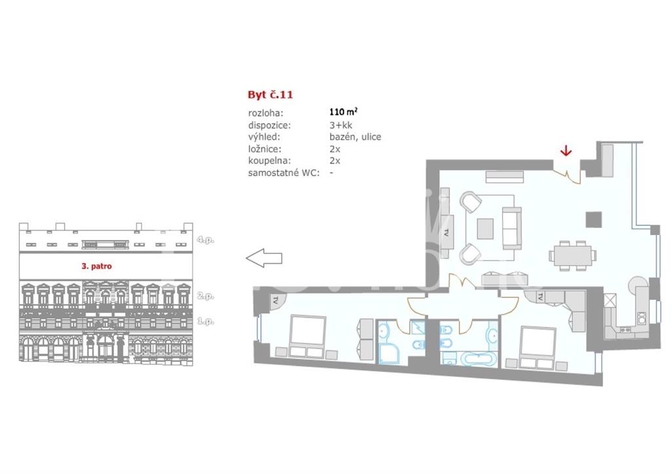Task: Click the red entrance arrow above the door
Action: click(566, 150)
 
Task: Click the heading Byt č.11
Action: click(271, 94)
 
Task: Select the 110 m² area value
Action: click(343, 112)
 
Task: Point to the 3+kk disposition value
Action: click(341, 125)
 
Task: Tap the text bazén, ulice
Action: click(355, 137)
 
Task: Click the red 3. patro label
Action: click(97, 266)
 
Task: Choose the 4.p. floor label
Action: click(205, 240)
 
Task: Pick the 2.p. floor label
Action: click(205, 296)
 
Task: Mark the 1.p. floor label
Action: click(205, 321)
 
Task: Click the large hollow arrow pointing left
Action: click(264, 258)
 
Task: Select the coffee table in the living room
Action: click(486, 228)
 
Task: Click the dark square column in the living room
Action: click(594, 220)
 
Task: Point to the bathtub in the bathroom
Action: click(476, 359)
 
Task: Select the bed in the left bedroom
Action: click(307, 337)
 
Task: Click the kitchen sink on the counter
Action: click(641, 317)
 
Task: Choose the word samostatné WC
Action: click(284, 173)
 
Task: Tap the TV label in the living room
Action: click(446, 233)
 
